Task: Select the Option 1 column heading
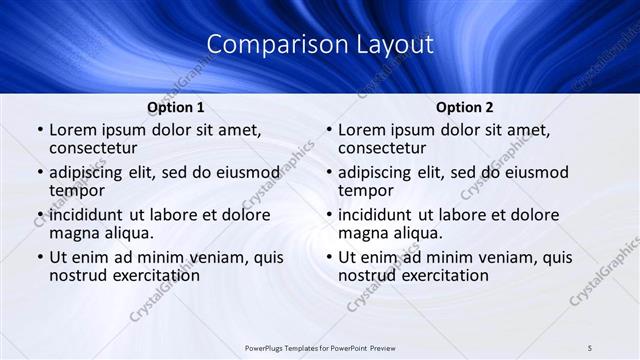[x=176, y=107]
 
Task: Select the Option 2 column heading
[x=465, y=107]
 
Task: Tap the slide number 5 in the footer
[x=590, y=347]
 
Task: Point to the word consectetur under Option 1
[x=97, y=148]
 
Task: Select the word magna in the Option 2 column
[x=361, y=233]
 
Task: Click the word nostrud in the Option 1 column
[x=77, y=275]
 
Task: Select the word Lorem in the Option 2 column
[x=361, y=130]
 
